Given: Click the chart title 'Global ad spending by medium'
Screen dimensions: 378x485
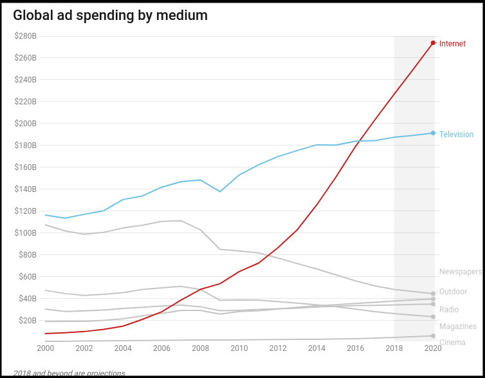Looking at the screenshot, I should click(110, 15).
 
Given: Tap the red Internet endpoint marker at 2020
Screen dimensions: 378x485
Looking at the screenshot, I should click(434, 43).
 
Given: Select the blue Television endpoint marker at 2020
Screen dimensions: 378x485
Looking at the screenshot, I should click(434, 133).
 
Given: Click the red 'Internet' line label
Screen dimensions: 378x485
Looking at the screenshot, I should click(452, 44).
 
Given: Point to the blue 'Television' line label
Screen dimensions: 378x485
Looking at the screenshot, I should click(456, 135).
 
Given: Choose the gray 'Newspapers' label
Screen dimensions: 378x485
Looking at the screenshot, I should click(460, 272).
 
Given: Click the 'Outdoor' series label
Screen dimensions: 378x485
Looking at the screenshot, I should click(453, 292).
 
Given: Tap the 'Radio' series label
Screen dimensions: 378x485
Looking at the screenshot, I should click(449, 310).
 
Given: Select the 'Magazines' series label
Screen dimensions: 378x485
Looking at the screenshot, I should click(457, 326).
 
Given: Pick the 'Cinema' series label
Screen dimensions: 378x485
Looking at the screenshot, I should click(452, 343).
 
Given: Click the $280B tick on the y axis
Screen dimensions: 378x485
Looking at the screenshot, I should click(25, 36).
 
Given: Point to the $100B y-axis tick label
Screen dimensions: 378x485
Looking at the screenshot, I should click(25, 232).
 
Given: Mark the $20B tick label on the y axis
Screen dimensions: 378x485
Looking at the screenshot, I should click(27, 320).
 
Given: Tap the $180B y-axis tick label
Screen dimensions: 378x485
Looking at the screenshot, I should click(25, 146).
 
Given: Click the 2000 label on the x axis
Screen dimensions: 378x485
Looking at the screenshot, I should click(45, 348).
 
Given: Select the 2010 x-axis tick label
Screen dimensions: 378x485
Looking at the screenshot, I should click(239, 348).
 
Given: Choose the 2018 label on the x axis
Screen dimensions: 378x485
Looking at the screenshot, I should click(394, 348).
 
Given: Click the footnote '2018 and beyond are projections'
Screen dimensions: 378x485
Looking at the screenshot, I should click(69, 373).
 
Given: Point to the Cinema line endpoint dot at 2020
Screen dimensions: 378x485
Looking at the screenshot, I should click(434, 336).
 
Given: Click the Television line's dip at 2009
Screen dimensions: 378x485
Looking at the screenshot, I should click(220, 191).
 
